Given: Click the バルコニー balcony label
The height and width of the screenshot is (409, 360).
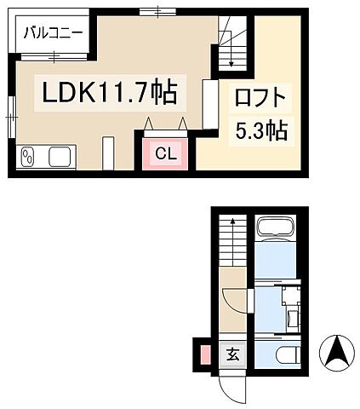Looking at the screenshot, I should (x=53, y=35).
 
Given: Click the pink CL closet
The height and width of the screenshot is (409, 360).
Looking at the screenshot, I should (x=166, y=153).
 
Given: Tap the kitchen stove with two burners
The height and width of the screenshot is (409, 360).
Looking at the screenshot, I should (x=29, y=157).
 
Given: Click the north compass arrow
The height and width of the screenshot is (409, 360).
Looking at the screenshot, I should (x=338, y=350).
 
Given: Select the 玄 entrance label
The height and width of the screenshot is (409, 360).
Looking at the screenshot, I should (x=231, y=352).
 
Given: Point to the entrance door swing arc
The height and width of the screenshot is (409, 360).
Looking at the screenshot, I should (x=230, y=389).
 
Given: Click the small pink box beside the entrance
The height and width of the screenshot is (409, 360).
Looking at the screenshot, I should (x=203, y=353).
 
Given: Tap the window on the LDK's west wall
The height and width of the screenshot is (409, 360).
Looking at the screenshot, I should (x=11, y=111).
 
